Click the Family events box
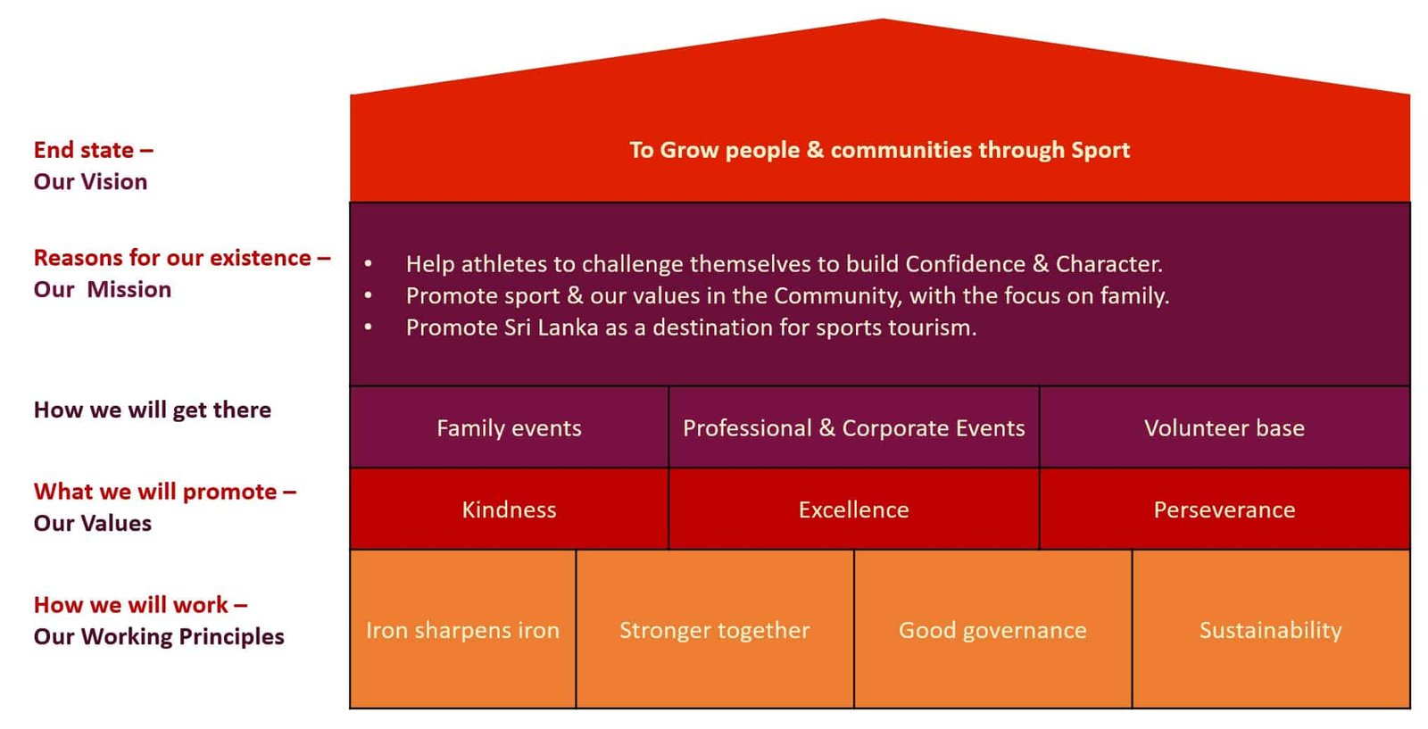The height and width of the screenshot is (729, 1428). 510,427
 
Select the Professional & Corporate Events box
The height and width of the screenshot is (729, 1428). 854,427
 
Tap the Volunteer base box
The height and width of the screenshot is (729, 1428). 1225,427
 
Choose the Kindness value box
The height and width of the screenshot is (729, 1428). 510,509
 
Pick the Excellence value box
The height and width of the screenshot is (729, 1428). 854,509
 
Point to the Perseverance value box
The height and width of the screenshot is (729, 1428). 1225,509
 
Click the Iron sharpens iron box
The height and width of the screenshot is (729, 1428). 463,629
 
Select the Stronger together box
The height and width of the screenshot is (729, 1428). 715,629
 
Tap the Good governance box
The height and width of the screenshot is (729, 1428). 993,629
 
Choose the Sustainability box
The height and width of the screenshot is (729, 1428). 1271,629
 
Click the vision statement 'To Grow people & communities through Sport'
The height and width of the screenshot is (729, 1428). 880,151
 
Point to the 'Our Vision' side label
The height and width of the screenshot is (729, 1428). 90,182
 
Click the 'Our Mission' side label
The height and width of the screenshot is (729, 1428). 103,289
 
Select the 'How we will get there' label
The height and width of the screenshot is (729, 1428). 153,410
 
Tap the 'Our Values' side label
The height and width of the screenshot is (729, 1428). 93,523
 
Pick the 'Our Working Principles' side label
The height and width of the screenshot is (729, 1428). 159,636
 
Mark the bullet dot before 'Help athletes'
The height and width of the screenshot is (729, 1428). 369,263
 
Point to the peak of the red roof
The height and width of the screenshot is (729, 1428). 883,19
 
